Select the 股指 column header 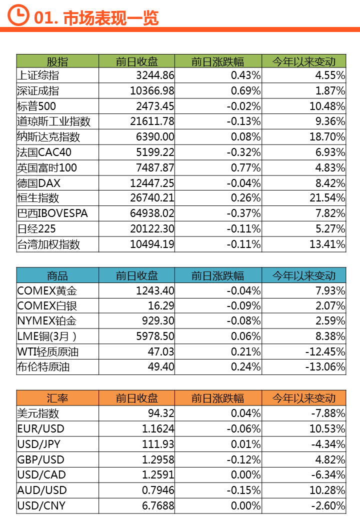(57, 61)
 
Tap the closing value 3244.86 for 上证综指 (155, 75)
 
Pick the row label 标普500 (36, 106)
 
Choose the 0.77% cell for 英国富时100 (245, 167)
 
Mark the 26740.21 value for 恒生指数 (152, 198)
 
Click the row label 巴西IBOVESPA (52, 213)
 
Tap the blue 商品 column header (57, 275)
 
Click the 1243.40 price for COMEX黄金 (155, 290)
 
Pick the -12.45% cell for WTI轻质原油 (325, 352)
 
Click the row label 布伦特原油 (43, 367)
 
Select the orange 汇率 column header (57, 398)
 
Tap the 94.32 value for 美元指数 (161, 413)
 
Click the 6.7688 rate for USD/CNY (158, 505)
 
